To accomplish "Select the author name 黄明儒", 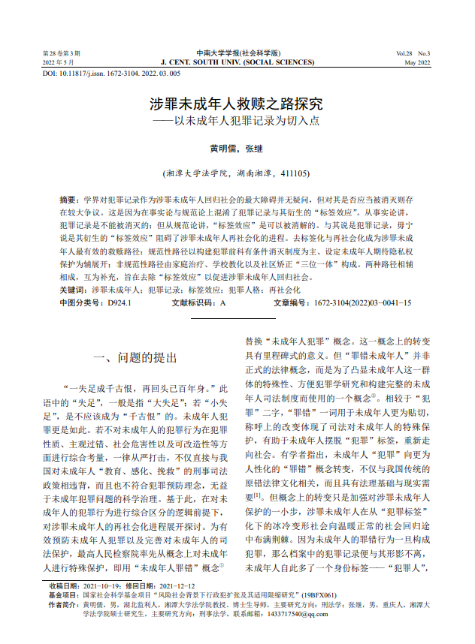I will tap(221, 148).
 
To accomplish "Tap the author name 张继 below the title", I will tap(254, 148).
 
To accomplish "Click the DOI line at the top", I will tap(110, 74).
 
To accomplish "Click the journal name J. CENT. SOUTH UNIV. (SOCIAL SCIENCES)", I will tap(237, 63).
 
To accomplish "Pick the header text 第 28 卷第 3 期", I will tap(61, 54).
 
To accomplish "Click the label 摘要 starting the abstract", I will tap(69, 202).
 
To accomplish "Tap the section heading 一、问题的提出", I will tap(135, 357).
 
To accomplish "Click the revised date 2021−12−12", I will tap(178, 586).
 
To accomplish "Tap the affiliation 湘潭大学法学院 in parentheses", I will tap(197, 173).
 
